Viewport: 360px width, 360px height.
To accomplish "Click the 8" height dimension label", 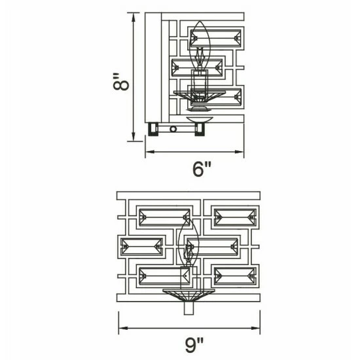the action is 121,82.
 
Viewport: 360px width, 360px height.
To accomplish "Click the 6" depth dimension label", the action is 202,170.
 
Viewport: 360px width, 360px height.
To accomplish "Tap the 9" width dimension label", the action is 194,345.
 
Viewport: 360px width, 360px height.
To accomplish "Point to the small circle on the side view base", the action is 173,129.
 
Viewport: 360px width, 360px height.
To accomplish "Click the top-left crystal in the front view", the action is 164,217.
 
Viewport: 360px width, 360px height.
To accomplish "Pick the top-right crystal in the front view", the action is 235,217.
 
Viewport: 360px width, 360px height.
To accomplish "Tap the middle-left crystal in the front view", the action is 141,247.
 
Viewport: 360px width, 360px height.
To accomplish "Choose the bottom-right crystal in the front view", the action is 235,276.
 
